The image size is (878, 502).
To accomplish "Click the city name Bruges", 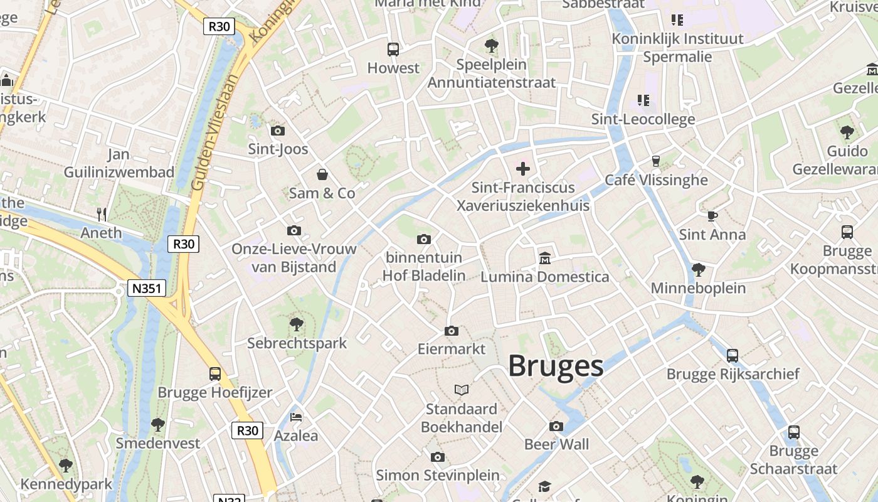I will pyautogui.click(x=555, y=366).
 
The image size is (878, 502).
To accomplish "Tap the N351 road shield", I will pyautogui.click(x=147, y=289).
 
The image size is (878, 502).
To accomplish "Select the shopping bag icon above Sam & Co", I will pyautogui.click(x=322, y=174).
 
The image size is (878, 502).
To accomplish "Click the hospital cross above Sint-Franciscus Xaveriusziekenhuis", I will pyautogui.click(x=522, y=168).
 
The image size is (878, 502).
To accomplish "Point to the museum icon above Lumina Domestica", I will pyautogui.click(x=544, y=258).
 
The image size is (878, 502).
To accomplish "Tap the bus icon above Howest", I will pyautogui.click(x=393, y=49).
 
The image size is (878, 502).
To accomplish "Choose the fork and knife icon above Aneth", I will pyautogui.click(x=102, y=214).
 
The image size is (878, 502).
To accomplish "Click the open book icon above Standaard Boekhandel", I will pyautogui.click(x=462, y=390).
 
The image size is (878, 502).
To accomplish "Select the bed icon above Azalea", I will pyautogui.click(x=296, y=417).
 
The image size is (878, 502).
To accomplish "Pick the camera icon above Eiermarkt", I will pyautogui.click(x=451, y=331).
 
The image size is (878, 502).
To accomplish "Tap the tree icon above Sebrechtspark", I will pyautogui.click(x=297, y=324).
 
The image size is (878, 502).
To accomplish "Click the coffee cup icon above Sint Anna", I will pyautogui.click(x=712, y=216).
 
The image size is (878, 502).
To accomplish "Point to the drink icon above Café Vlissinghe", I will pyautogui.click(x=655, y=161).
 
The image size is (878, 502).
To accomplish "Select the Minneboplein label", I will pyautogui.click(x=698, y=288).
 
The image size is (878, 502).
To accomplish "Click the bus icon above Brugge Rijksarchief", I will pyautogui.click(x=732, y=355).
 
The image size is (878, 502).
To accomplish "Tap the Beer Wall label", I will pyautogui.click(x=556, y=444).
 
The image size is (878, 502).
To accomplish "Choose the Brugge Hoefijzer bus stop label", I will pyautogui.click(x=214, y=392).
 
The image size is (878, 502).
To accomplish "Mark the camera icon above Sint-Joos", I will pyautogui.click(x=277, y=131).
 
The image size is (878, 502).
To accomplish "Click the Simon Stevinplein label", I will pyautogui.click(x=438, y=475).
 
